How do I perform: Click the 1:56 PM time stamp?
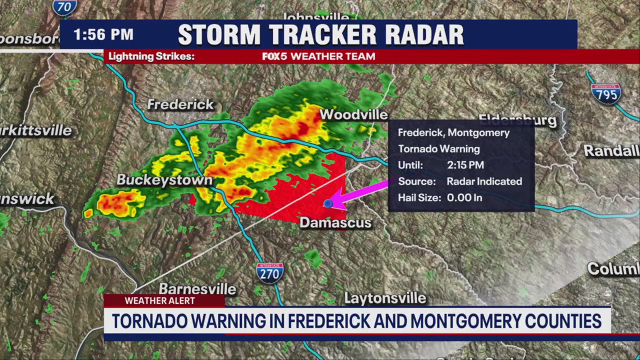pos(103,34)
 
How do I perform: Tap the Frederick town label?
pos(180,105)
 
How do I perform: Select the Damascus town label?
pos(335,222)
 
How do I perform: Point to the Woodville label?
pos(353,114)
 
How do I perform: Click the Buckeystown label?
pos(164,180)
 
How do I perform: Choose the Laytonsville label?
pos(385,298)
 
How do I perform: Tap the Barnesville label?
pos(197,289)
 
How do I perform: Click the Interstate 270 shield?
pos(270,273)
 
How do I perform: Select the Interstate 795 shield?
pos(606,93)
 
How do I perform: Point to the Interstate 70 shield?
pos(65,6)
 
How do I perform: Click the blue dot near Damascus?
pos(328,203)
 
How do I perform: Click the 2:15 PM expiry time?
pos(465,165)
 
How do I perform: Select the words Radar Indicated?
pos(484,181)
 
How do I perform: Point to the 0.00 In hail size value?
pos(464,197)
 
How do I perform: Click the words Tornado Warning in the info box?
pos(438,149)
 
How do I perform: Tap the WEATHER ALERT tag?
pos(160,300)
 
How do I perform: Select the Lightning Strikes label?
pos(151,56)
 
